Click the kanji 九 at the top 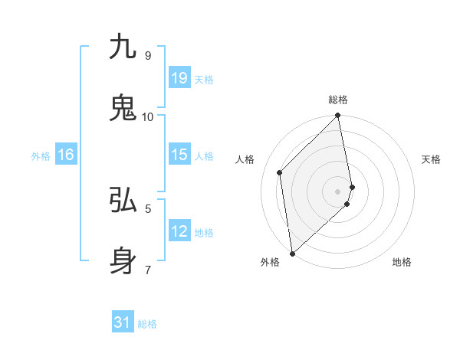coord(123,47)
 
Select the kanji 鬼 coord(123,108)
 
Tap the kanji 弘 coord(123,200)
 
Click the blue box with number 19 coord(179,78)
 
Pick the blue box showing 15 coord(179,155)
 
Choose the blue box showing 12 coord(179,231)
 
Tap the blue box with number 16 coord(66,155)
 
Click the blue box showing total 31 coord(123,322)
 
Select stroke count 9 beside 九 coord(147,55)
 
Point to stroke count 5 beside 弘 coord(147,208)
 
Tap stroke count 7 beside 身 coord(147,270)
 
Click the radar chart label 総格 coord(338,100)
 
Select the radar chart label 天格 coord(431,159)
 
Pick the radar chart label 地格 coord(402,262)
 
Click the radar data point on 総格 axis coord(338,116)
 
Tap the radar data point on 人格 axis coord(280,172)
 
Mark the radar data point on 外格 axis coord(292,253)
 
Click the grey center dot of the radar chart coord(338,191)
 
